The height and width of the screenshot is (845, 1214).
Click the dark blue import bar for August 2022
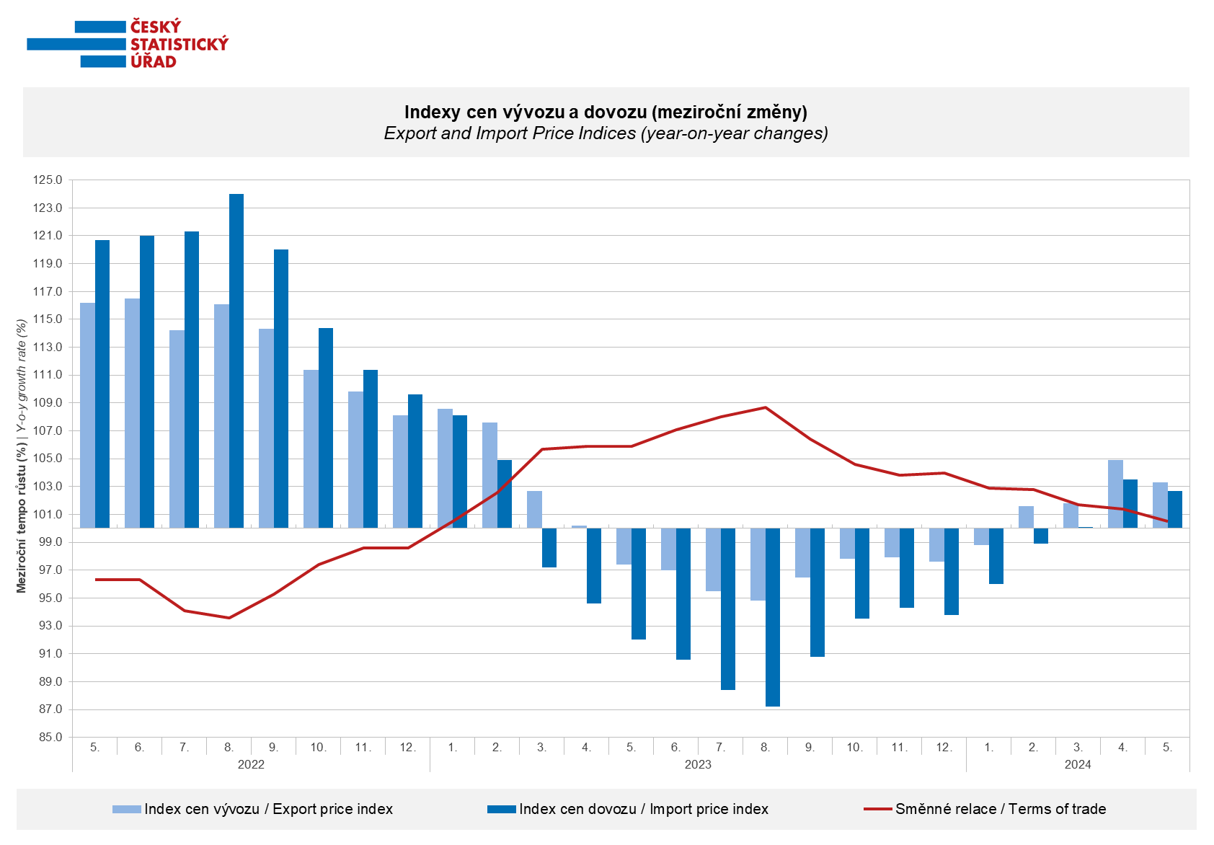[x=236, y=360]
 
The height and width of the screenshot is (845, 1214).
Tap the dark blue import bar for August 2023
[x=773, y=617]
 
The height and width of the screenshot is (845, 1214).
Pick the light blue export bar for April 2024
[x=1115, y=494]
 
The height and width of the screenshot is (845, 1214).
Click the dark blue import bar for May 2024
[x=1175, y=510]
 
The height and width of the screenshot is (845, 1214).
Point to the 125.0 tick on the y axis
[x=48, y=180]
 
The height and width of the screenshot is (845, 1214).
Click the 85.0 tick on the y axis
[x=48, y=738]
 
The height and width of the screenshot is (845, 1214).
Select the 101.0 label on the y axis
[x=48, y=514]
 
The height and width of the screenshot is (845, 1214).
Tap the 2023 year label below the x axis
[x=698, y=764]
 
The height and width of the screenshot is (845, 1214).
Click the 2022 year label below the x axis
[x=251, y=764]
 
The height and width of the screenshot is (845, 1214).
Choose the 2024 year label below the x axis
[x=1078, y=764]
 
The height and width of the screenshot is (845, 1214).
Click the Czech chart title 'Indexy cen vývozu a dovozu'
[x=606, y=112]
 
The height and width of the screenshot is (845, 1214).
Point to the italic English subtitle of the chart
[x=606, y=133]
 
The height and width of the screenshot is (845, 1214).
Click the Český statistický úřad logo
[x=128, y=44]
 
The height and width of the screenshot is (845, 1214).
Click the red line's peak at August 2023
[x=766, y=407]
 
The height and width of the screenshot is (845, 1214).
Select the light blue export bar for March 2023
[x=534, y=509]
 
